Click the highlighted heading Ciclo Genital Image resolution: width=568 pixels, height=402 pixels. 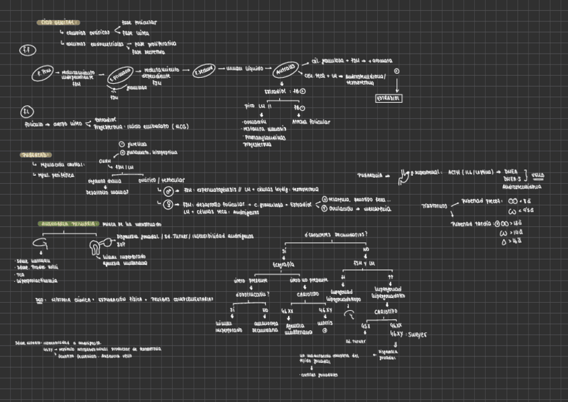click(57, 23)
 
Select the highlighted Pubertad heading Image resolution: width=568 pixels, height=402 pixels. click(35, 154)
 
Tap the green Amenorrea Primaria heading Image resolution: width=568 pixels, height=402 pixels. click(68, 223)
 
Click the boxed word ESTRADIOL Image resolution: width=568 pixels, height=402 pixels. click(388, 98)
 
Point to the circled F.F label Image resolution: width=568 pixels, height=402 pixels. click(26, 50)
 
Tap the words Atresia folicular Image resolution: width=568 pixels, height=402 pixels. click(311, 122)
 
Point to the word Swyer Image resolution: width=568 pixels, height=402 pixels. click(417, 334)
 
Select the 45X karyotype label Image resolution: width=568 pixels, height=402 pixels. click(366, 326)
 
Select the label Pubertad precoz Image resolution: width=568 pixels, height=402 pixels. click(479, 200)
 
